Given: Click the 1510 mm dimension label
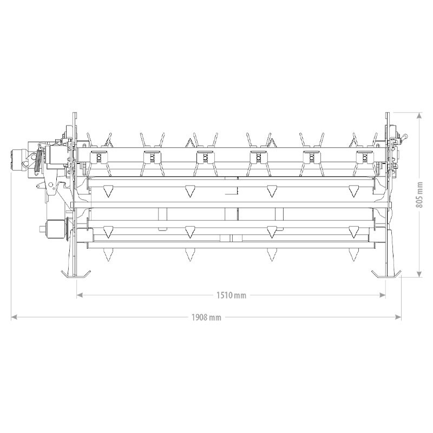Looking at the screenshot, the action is pos(231,295).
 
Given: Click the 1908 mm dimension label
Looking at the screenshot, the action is pos(206,317).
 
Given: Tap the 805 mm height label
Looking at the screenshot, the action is pos(419,195).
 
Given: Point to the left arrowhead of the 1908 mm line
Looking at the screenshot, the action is pos(14,317).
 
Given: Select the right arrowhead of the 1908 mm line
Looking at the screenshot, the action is pos(398,317).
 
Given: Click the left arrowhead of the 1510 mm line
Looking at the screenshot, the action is pos(80,295).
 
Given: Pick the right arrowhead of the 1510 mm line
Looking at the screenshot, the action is pos(383,295).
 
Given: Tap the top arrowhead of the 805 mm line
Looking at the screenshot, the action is pos(419,115).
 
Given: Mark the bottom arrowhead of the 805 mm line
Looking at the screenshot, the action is pos(419,274).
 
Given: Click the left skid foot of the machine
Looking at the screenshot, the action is pos(76,275).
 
